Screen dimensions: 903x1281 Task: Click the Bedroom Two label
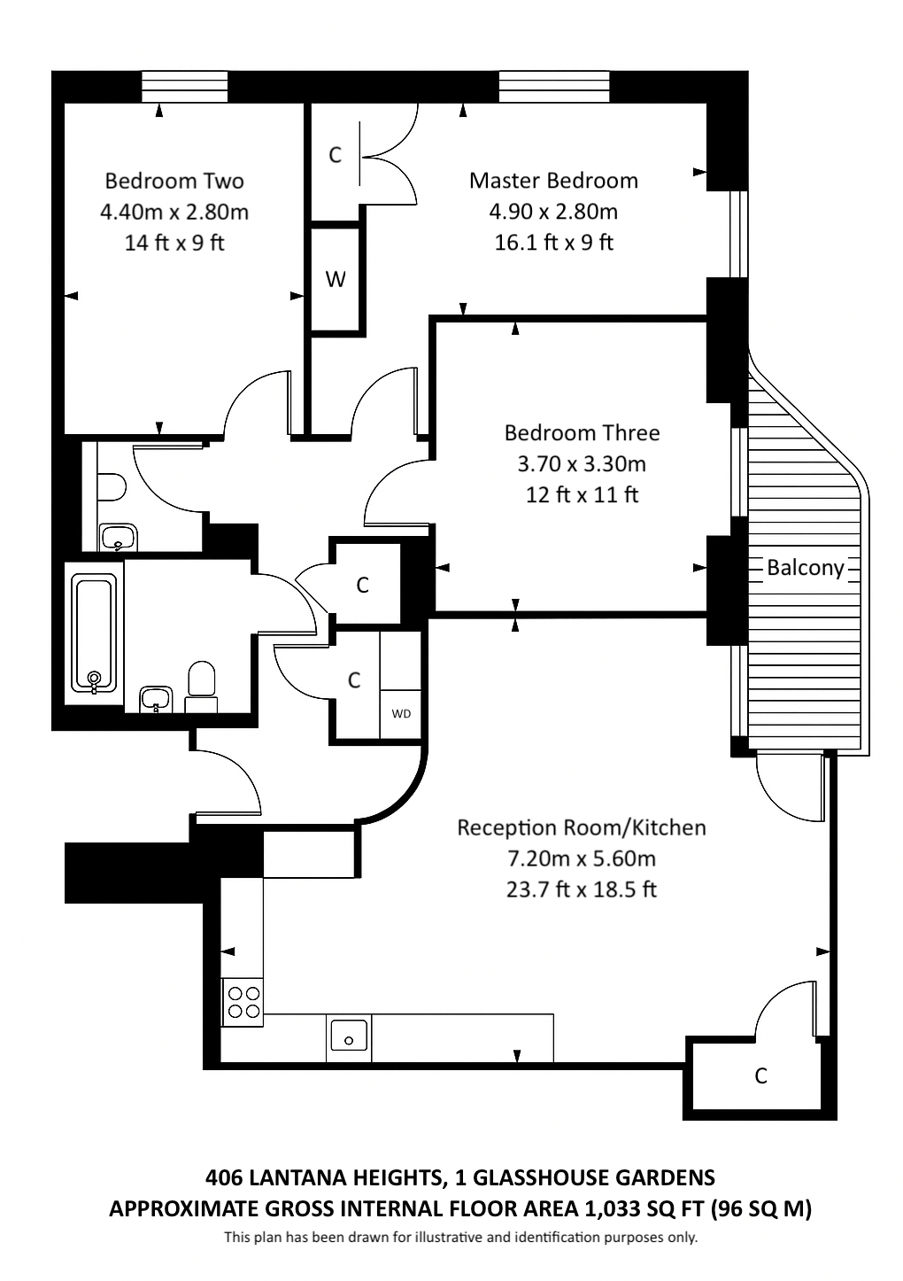click(x=174, y=181)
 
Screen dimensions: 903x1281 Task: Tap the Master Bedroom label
click(x=553, y=180)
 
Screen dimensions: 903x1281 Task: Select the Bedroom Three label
click(x=582, y=432)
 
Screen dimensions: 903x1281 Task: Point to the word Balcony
click(x=806, y=568)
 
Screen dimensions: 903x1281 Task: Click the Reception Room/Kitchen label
click(x=582, y=827)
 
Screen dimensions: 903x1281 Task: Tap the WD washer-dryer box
click(x=401, y=714)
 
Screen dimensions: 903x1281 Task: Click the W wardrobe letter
click(x=336, y=279)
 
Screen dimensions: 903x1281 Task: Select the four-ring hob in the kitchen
click(x=243, y=1003)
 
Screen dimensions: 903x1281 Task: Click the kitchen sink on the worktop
click(x=349, y=1038)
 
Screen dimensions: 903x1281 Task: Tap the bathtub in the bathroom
click(x=94, y=633)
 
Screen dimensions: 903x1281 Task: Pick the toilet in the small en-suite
click(x=112, y=487)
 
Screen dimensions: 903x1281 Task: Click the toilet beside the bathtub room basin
click(x=201, y=687)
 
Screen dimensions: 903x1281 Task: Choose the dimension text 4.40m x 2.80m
click(x=174, y=212)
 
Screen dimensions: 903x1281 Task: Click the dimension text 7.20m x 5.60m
click(x=582, y=858)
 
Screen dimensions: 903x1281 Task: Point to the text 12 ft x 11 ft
click(x=582, y=494)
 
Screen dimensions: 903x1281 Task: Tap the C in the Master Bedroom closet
click(x=336, y=154)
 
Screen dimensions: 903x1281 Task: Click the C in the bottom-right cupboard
click(x=760, y=1075)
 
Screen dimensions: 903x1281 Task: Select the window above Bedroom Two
click(x=185, y=86)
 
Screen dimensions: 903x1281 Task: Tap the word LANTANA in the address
click(x=297, y=1177)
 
